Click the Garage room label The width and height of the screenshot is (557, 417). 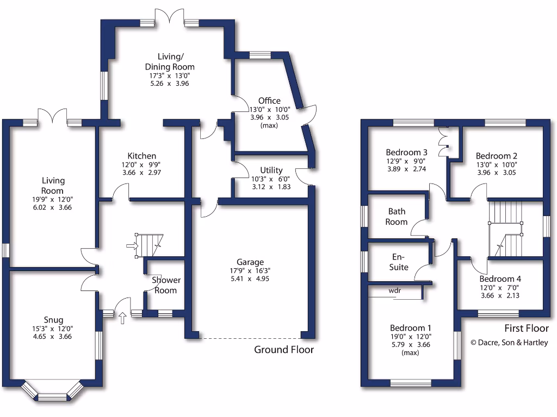point(250,261)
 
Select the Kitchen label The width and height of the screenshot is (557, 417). point(142,156)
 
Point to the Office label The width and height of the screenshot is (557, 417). point(269,100)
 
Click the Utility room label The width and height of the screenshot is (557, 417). point(271,170)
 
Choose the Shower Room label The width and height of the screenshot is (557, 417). point(166,285)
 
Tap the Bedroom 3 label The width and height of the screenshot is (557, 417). point(406,152)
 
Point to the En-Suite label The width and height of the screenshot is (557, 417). point(401,262)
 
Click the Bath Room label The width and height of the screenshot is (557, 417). point(397,217)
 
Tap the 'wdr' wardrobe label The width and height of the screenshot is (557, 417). point(395,291)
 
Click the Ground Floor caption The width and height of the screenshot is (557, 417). point(284,350)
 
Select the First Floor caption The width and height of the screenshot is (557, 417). point(526,328)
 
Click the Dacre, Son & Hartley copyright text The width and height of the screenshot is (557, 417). point(510,342)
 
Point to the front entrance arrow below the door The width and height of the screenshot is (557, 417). point(122,318)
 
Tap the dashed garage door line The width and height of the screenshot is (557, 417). point(250,338)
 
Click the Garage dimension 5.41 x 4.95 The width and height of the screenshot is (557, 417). point(250,279)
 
